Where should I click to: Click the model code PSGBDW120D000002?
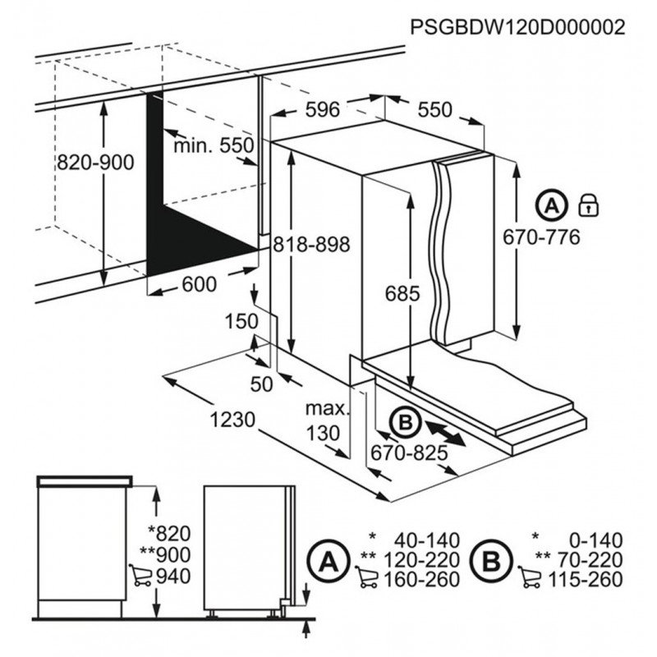517,27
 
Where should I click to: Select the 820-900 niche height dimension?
95,163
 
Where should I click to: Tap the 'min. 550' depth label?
214,145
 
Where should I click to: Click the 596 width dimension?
322,110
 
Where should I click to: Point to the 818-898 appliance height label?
311,244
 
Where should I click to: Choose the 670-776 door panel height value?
541,237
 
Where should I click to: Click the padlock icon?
588,205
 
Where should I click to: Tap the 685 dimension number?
402,293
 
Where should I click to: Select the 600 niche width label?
200,284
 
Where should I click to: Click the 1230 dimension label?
232,420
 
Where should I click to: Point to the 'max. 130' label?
325,420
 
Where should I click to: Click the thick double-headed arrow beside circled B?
444,434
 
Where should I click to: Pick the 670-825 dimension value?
409,453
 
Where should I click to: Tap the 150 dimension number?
241,322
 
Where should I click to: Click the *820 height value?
170,534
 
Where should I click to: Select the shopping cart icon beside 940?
140,577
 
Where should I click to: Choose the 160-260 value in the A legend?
422,580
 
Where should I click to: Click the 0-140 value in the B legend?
596,540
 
